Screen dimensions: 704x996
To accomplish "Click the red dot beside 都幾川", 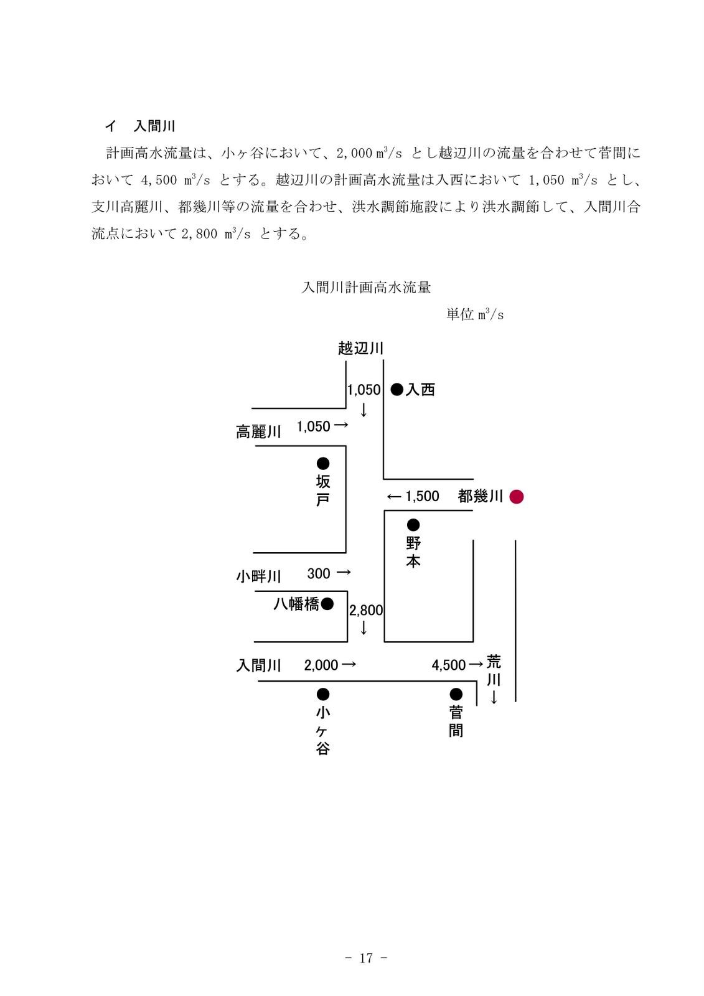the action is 516,497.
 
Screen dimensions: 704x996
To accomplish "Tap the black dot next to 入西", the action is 397,390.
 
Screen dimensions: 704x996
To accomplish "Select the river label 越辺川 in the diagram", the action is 360,348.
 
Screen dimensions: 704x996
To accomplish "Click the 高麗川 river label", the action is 258,431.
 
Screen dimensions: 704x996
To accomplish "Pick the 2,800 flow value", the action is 366,611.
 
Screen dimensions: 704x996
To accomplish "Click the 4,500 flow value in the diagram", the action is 448,665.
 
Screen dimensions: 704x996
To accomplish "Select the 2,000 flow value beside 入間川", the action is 321,665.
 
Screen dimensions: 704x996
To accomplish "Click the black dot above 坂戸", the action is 323,463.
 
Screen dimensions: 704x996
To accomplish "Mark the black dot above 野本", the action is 413,525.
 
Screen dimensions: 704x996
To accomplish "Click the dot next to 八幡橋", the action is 327,604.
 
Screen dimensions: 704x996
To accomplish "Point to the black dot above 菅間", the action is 456,694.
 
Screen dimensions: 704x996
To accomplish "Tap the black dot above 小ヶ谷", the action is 323,694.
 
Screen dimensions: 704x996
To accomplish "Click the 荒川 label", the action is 494,670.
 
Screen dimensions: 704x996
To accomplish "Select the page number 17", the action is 366,958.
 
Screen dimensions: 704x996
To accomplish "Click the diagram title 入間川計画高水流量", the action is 366,288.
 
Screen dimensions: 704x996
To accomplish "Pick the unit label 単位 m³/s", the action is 475,315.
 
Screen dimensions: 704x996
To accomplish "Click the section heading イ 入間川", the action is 140,126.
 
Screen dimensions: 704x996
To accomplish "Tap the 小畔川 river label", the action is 258,576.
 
